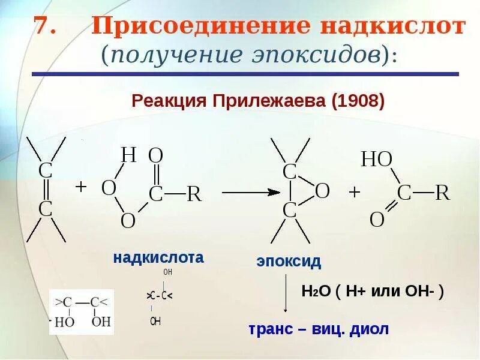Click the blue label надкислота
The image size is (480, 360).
(x=158, y=258)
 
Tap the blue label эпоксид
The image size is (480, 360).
(x=289, y=262)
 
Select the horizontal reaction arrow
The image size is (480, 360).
(x=250, y=192)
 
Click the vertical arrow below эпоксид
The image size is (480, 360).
(x=286, y=294)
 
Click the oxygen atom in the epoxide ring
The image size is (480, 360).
(x=322, y=191)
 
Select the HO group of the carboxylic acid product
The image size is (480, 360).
(x=377, y=159)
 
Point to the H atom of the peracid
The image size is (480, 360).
(x=129, y=155)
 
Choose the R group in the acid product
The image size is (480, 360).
(x=442, y=193)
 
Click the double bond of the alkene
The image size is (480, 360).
(x=46, y=190)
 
